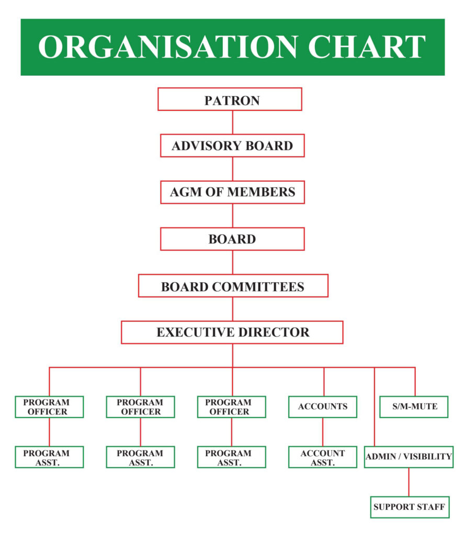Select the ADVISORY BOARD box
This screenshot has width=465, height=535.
[232, 146]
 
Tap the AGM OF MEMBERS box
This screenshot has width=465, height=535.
[232, 192]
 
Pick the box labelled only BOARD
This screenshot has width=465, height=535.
[232, 239]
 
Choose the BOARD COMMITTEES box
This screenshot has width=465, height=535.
[233, 286]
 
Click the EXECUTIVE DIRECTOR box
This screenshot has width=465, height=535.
[232, 332]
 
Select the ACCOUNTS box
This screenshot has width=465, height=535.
[323, 406]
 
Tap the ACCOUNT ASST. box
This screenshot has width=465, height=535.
[323, 457]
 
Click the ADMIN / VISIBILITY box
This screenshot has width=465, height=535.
[409, 457]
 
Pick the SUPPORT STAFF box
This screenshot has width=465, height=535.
[410, 507]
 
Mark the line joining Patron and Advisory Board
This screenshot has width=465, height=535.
[232, 122]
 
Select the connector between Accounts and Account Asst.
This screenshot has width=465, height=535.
[323, 432]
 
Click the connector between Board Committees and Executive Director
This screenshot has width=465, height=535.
[232, 309]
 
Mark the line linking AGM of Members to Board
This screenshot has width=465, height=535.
[232, 215]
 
